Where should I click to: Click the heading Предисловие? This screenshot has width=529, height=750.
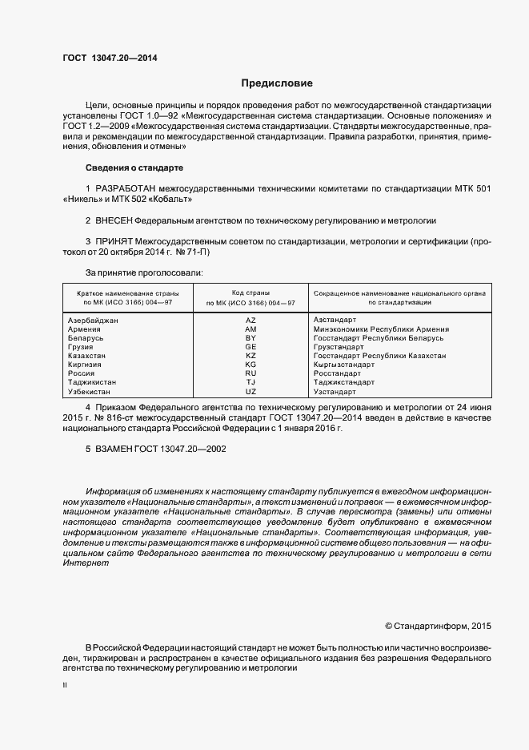278,83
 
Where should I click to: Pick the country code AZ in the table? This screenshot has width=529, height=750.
250,320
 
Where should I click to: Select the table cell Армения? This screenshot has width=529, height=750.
85,329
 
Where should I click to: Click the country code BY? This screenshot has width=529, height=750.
250,338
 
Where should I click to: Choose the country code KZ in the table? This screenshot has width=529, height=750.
250,356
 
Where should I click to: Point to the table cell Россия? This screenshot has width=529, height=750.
82,373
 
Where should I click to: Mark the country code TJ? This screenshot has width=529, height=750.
250,382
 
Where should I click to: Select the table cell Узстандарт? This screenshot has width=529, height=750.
335,392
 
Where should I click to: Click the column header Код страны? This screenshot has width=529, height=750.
250,293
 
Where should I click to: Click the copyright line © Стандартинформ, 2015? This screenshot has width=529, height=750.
438,625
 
